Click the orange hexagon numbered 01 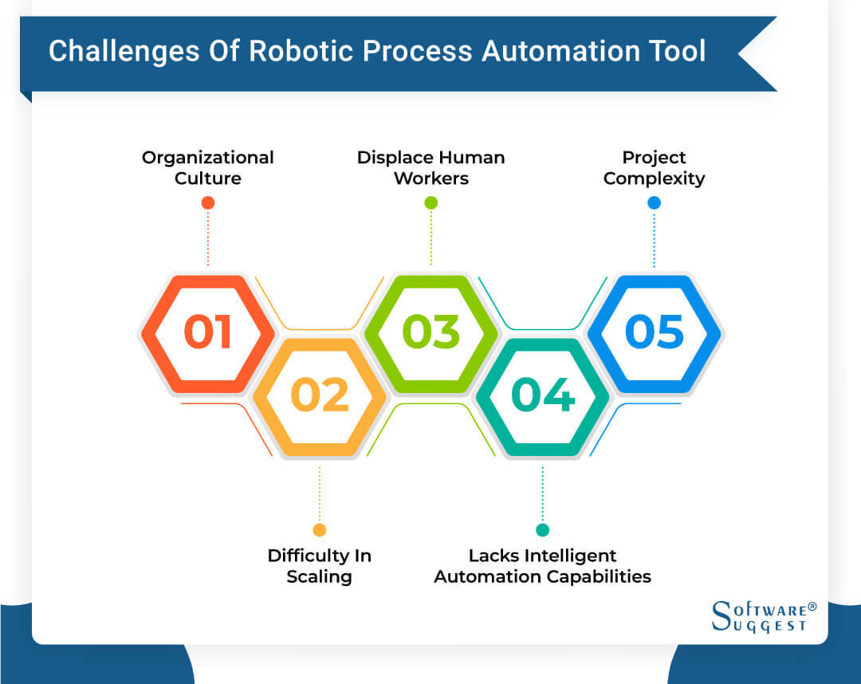207,332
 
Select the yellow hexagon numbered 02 319,395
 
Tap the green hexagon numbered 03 431,332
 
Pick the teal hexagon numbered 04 542,395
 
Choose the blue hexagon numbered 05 654,332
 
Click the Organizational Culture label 207,167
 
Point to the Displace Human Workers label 431,167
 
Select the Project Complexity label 654,167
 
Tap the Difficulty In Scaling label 319,566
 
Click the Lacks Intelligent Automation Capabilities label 542,566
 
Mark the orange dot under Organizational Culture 207,202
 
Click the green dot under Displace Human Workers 431,202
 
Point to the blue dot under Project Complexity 654,202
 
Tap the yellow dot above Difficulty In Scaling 319,530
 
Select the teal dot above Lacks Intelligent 542,530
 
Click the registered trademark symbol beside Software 812,607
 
